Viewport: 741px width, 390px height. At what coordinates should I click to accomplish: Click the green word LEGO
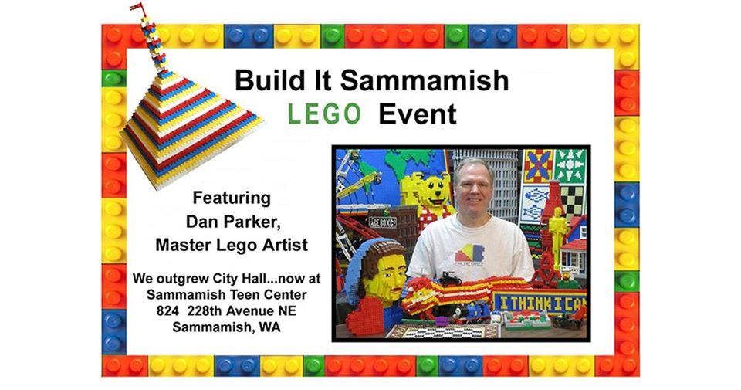click(324, 114)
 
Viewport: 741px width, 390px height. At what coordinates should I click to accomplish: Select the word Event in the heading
click(418, 114)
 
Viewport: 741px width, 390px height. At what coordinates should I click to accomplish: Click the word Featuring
click(232, 197)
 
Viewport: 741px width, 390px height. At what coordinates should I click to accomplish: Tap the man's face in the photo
click(473, 185)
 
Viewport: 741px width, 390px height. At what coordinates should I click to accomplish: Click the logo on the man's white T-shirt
click(471, 254)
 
